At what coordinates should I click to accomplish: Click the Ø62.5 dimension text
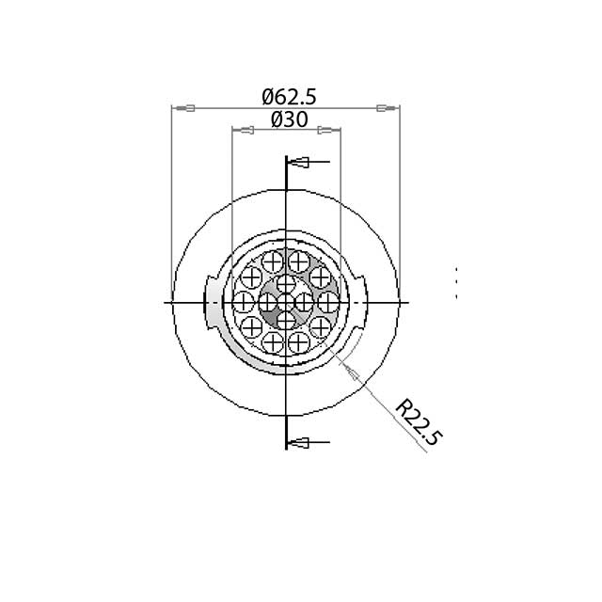pyautogui.click(x=289, y=97)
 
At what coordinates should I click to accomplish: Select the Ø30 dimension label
pyautogui.click(x=289, y=120)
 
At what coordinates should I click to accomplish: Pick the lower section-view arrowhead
pyautogui.click(x=300, y=442)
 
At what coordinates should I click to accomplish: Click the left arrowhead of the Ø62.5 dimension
pyautogui.click(x=185, y=109)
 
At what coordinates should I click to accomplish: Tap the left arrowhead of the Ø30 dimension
pyautogui.click(x=246, y=130)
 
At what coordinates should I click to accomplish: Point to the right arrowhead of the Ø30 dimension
pyautogui.click(x=327, y=130)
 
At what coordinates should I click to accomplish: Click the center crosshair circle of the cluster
pyautogui.click(x=286, y=302)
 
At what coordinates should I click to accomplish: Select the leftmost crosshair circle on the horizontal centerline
pyautogui.click(x=244, y=302)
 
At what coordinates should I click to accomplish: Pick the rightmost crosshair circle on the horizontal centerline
pyautogui.click(x=328, y=302)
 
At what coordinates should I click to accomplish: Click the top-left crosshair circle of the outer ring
pyautogui.click(x=252, y=277)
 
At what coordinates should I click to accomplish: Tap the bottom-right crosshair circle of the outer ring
pyautogui.click(x=320, y=326)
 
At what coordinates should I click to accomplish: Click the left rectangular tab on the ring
pyautogui.click(x=212, y=302)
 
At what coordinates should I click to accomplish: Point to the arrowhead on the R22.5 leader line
pyautogui.click(x=351, y=370)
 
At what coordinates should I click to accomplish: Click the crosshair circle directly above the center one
pyautogui.click(x=286, y=282)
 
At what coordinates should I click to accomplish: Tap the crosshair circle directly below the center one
pyautogui.click(x=286, y=322)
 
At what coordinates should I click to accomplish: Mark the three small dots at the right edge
pyautogui.click(x=456, y=283)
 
